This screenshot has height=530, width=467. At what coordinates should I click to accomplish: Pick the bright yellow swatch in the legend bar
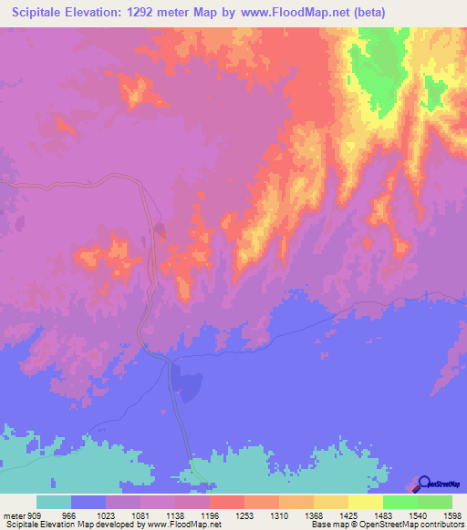point(365,503)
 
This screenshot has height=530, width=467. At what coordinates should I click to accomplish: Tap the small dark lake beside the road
point(189,385)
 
